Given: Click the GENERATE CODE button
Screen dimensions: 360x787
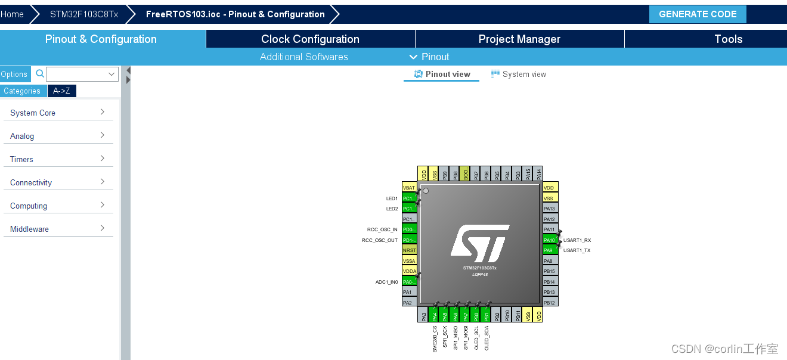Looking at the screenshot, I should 697,14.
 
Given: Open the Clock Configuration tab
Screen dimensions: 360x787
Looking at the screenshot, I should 310,39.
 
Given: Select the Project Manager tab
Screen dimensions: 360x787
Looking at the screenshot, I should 519,39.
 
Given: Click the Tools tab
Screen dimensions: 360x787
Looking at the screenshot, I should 728,39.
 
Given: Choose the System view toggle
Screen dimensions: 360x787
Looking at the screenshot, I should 518,74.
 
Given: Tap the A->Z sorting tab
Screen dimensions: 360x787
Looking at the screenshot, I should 61,91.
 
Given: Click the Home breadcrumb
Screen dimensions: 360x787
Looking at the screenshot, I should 13,14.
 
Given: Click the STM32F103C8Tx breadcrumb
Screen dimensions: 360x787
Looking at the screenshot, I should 84,14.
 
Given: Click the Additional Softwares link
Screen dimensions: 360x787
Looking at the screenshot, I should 303,57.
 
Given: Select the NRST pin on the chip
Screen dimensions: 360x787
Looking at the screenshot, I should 409,250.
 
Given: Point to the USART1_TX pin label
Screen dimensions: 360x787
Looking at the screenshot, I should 577,250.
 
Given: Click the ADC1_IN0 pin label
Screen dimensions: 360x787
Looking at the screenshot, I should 386,282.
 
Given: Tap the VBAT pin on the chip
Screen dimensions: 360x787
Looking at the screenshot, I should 409,188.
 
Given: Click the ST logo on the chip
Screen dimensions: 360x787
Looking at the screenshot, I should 479,243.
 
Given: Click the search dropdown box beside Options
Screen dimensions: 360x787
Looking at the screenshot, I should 82,74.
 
